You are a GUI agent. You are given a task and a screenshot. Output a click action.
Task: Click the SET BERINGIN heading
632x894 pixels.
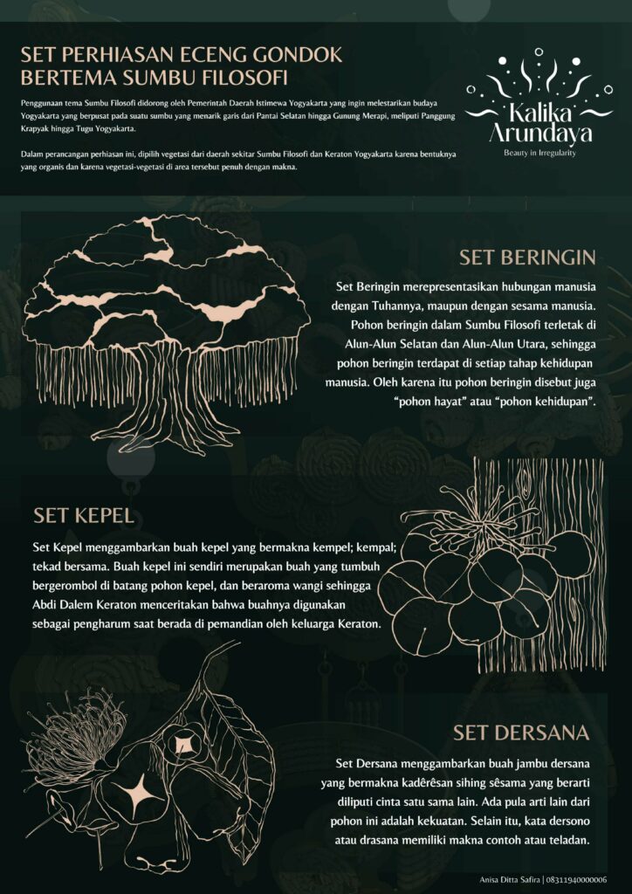[527, 258]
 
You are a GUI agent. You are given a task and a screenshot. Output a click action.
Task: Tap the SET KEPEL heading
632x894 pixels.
[84, 515]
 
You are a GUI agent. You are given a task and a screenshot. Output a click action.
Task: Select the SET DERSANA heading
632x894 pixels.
[521, 732]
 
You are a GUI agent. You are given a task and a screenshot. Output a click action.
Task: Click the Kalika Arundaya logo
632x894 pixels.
[539, 103]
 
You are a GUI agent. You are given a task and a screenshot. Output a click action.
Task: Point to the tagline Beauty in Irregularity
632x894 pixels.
[539, 153]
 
